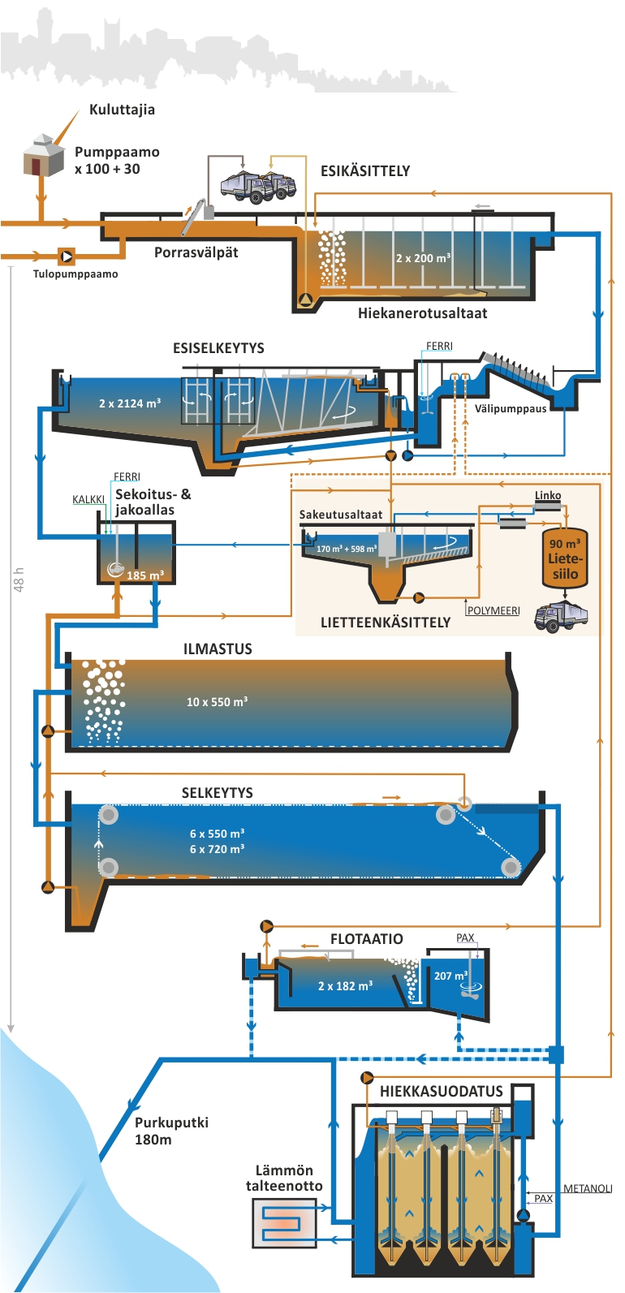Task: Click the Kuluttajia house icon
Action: point(43,156)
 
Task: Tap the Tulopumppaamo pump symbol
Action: point(67,256)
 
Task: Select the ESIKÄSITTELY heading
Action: point(365,171)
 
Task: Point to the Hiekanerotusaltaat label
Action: point(422,313)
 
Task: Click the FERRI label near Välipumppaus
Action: point(439,347)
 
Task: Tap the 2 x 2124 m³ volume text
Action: point(130,403)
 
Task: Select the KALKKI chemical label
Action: point(88,500)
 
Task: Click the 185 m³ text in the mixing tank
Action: point(145,575)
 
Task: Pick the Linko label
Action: point(548,495)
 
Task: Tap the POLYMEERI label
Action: point(493,610)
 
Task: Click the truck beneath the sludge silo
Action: point(561,617)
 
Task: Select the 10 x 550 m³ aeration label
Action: point(217,702)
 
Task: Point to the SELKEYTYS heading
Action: point(218,793)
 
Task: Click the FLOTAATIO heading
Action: point(366,939)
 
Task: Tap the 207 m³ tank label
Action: point(450,976)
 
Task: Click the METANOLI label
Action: point(587,1189)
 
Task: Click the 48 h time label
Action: point(19,580)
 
